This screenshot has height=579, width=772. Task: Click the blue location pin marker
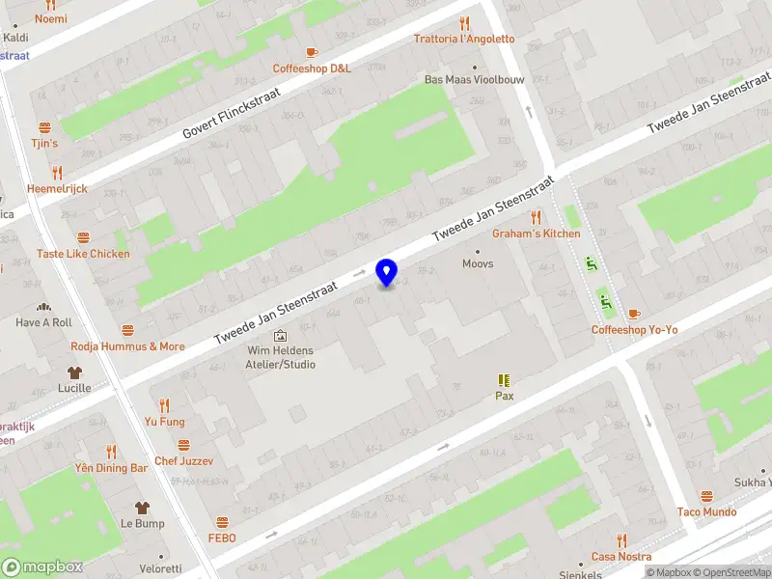click(x=387, y=272)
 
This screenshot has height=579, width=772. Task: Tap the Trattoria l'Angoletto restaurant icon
click(x=464, y=22)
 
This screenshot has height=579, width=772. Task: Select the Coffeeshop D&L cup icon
click(x=311, y=52)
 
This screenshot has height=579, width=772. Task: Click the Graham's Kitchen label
click(x=537, y=234)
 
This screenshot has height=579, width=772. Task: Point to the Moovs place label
click(x=478, y=263)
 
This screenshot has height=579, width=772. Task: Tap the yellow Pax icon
click(x=504, y=380)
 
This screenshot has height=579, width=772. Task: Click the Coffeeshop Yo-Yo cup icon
click(x=634, y=314)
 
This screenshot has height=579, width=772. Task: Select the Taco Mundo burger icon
click(x=706, y=496)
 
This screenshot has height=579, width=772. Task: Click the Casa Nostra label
click(x=620, y=557)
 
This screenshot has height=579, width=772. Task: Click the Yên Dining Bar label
click(x=111, y=468)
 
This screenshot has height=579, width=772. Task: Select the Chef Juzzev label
click(x=182, y=461)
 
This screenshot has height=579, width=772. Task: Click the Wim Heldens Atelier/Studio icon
click(x=280, y=335)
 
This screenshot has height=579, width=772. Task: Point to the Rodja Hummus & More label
click(x=127, y=346)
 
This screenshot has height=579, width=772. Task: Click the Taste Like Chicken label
click(x=83, y=254)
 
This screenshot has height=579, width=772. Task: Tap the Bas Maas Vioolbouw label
click(x=475, y=80)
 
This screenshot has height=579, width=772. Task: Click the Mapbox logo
click(x=42, y=567)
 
